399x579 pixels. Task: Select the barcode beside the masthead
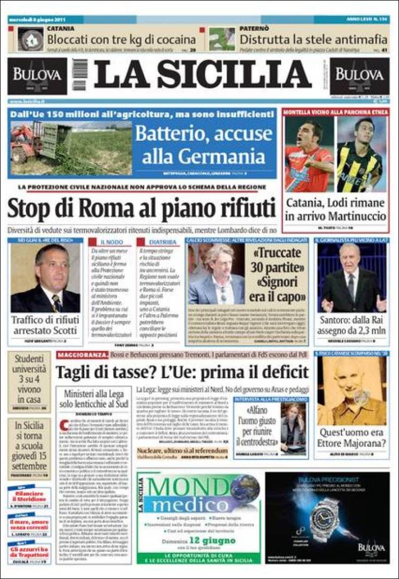coord(80,75)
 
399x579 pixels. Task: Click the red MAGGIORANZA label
coord(79,355)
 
